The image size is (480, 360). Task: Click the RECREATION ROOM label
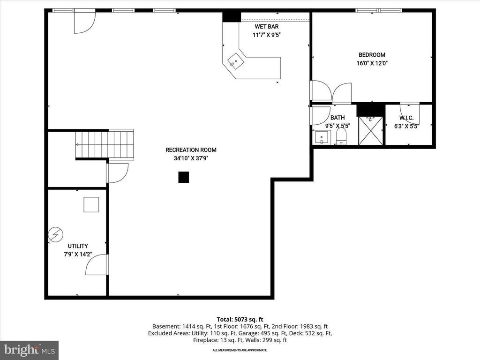(191, 150)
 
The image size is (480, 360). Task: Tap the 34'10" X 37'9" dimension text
(191, 158)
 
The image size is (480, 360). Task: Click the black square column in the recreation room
(184, 177)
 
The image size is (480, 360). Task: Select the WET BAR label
(267, 27)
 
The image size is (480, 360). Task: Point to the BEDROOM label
(372, 55)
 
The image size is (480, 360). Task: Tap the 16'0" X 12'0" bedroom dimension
(372, 63)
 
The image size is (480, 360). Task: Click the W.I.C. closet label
(406, 118)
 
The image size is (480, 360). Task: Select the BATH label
(337, 118)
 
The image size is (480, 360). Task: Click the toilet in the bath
(341, 137)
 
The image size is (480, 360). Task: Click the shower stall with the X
(370, 131)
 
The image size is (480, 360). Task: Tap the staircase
(105, 144)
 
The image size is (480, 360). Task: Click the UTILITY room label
(78, 246)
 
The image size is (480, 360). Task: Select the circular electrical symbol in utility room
(56, 234)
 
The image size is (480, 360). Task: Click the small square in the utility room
(91, 205)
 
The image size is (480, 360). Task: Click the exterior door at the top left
(84, 21)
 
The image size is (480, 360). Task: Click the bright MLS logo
(29, 350)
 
